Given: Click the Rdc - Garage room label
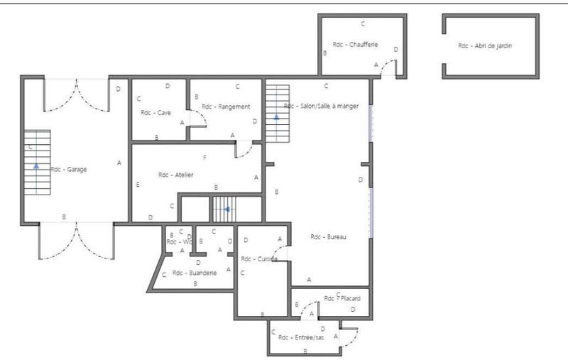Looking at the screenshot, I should (x=68, y=170).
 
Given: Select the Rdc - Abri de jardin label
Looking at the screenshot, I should (x=485, y=45).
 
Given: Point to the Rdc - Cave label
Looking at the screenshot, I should (x=155, y=112).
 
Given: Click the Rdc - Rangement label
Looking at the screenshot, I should (x=226, y=107).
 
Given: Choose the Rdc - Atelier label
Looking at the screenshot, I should (x=175, y=175).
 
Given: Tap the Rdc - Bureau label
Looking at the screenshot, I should (x=329, y=236).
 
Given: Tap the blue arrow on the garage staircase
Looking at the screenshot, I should (x=36, y=165).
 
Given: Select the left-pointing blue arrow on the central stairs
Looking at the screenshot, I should (x=226, y=209).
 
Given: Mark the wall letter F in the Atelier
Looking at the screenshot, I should (x=204, y=157).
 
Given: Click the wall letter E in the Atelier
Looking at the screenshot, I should (x=138, y=185).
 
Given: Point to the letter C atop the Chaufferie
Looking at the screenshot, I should (x=363, y=23).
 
